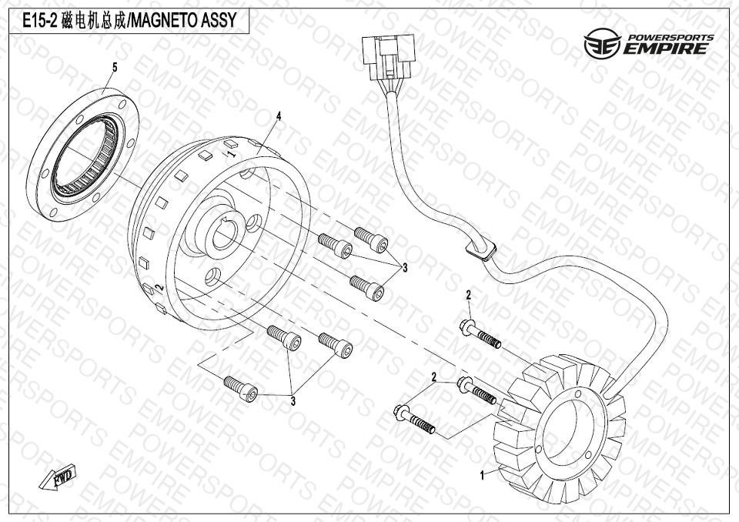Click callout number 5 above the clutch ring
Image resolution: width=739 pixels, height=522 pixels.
115,68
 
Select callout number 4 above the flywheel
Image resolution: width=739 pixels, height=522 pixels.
279,116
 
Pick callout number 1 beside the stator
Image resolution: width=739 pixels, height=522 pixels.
483,476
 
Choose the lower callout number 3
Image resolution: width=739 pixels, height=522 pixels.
293,400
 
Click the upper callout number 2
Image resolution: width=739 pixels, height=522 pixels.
467,296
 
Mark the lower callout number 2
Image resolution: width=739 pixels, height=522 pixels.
434,376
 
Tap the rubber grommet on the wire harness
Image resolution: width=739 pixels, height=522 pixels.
480,251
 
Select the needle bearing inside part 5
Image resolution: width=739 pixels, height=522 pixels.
84,158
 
